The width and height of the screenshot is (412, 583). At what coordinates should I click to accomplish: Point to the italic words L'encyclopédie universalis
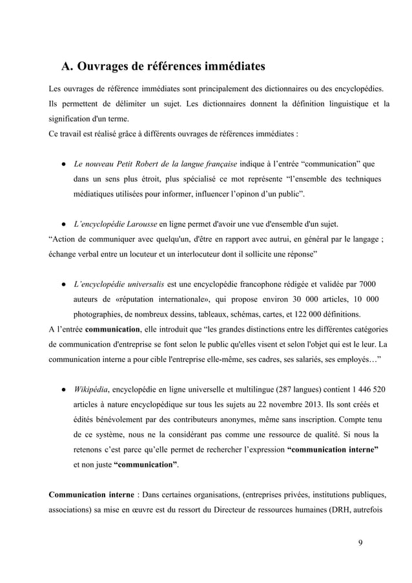119,285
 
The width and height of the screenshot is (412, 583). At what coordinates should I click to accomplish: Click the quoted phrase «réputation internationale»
172,300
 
